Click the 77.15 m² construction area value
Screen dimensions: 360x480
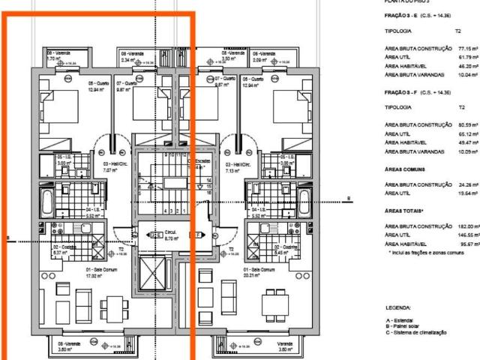tap(468, 48)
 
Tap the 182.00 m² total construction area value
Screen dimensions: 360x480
tap(468, 226)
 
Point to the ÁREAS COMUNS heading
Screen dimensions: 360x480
tap(406, 170)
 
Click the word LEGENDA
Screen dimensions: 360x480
tap(397, 307)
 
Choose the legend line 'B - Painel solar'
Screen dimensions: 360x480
tap(409, 326)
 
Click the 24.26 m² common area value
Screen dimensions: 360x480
tap(468, 184)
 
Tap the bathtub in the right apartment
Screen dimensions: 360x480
tap(304, 202)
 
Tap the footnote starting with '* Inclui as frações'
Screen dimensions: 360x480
tap(427, 253)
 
